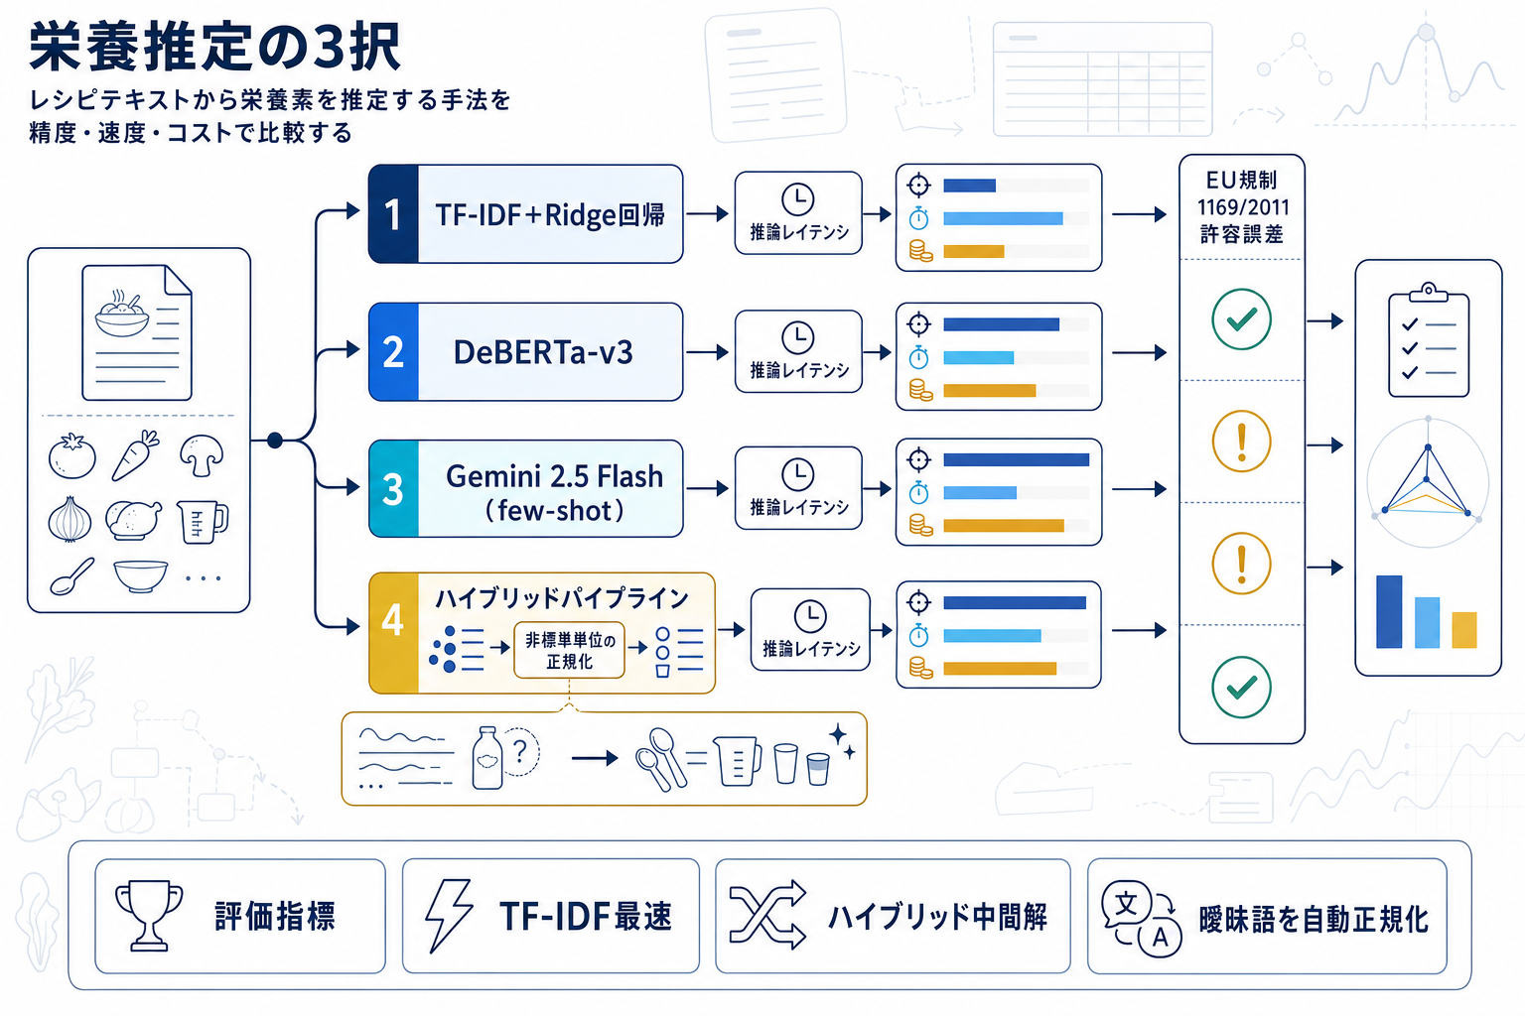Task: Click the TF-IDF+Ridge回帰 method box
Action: (x=526, y=214)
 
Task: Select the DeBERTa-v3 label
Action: (x=542, y=352)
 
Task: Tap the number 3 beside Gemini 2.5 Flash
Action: (x=393, y=489)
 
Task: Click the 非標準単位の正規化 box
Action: (x=569, y=651)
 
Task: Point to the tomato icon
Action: (x=72, y=456)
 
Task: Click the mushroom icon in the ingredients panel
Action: (x=202, y=454)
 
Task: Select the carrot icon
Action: (x=136, y=455)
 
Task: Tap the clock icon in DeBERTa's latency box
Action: (x=798, y=337)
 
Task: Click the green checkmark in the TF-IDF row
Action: (x=1241, y=319)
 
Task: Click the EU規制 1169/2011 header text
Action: (x=1241, y=206)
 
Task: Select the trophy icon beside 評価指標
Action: (x=149, y=915)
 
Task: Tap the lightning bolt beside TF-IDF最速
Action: (x=448, y=915)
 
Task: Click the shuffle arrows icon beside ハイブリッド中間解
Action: (x=766, y=915)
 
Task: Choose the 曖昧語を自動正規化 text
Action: (x=1313, y=920)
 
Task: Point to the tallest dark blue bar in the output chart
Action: (x=1389, y=611)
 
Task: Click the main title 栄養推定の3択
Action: (x=214, y=47)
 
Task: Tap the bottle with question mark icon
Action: (x=488, y=758)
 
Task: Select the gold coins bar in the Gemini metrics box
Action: (x=1003, y=526)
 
